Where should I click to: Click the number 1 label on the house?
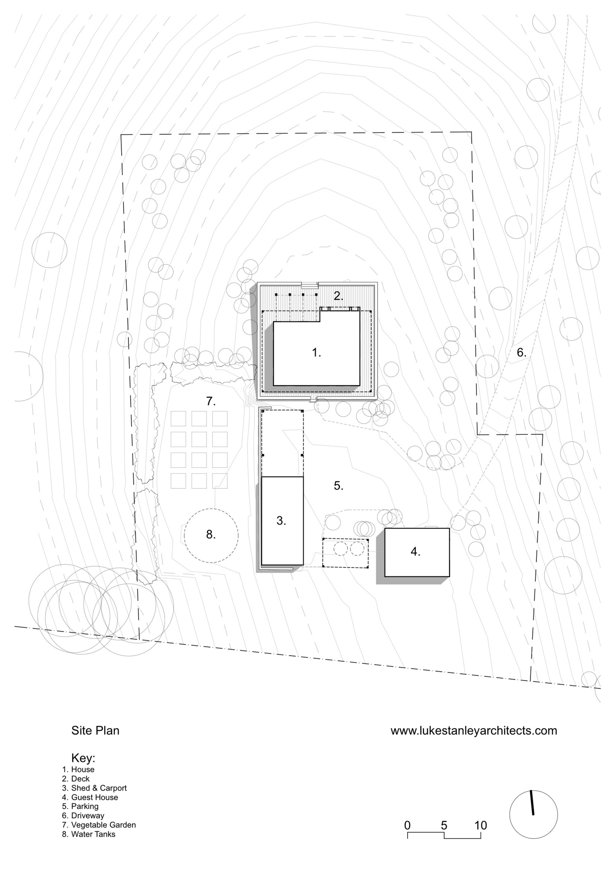coord(316,353)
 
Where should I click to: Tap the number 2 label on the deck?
coord(338,296)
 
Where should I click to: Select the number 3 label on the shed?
coord(281,521)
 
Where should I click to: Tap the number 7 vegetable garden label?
coord(211,401)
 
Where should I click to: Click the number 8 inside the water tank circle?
coord(211,534)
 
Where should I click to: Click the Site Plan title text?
coord(95,730)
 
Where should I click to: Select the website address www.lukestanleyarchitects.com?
coord(474,730)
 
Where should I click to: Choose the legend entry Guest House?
coord(94,797)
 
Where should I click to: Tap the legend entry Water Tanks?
coord(93,834)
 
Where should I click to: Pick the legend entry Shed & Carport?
coord(98,788)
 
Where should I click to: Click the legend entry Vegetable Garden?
coord(103,825)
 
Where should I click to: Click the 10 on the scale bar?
coord(481,825)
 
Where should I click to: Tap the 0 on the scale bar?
coord(407,825)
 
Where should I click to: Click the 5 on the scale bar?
coord(444,825)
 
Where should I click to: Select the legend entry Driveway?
coord(88,816)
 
